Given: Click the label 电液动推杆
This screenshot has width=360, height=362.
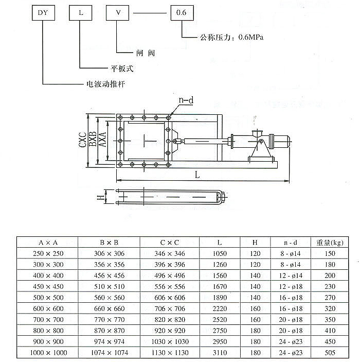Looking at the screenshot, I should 104,83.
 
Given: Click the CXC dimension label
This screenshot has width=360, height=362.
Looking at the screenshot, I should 83,139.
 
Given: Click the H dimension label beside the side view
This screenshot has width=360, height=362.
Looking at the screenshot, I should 100,197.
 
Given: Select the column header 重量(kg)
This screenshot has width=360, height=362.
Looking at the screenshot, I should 330,242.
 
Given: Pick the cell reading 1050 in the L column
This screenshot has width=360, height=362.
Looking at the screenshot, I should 220,254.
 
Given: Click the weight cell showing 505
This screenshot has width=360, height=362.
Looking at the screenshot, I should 330,353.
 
